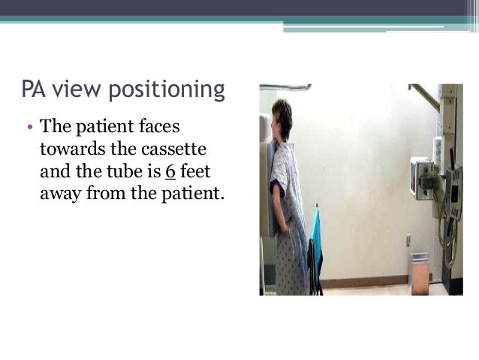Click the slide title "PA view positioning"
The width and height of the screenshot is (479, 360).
(x=123, y=90)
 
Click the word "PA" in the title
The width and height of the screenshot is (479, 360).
(x=35, y=90)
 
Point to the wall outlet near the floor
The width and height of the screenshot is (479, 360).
(x=408, y=241)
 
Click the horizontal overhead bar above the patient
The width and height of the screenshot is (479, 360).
(x=285, y=87)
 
